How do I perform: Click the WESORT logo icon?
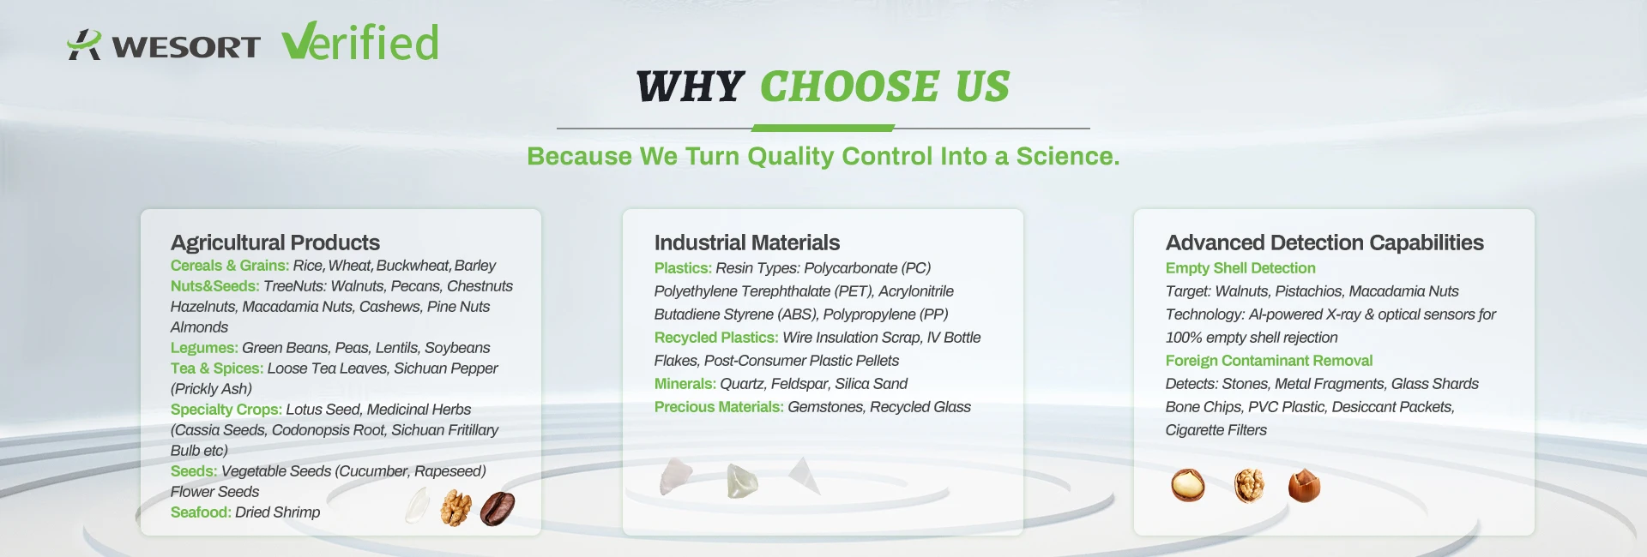point(84,45)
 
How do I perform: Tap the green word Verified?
point(360,42)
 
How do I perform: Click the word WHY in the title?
point(690,87)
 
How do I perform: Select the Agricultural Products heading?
point(275,243)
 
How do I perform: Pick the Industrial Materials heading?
point(747,243)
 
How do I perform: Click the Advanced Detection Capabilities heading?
point(1324,243)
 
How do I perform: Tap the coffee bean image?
point(498,508)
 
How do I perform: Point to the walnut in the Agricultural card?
point(455,508)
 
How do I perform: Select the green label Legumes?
point(204,348)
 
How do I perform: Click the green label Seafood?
point(201,512)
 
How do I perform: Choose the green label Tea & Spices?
point(217,368)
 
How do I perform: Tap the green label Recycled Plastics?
point(716,338)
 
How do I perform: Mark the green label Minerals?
point(685,384)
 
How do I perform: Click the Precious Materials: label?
point(719,407)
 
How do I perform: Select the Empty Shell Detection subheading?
point(1240,268)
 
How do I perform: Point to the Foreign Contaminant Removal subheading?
point(1269,361)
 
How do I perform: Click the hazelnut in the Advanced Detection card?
point(1304,486)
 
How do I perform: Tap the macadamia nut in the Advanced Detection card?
point(1188,485)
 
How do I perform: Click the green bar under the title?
point(823,129)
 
